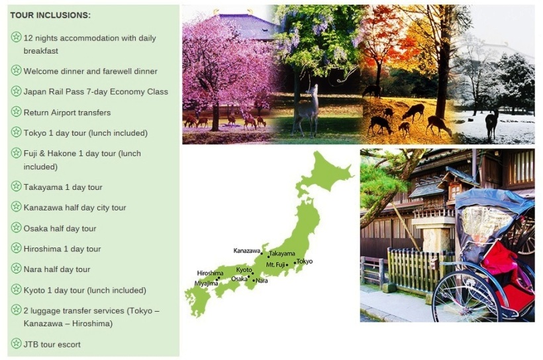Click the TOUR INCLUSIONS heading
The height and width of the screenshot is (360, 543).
50,15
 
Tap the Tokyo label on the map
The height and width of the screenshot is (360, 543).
305,261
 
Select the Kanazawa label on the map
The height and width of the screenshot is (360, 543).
246,251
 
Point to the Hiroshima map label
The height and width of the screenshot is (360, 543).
210,273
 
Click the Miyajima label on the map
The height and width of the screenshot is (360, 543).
206,283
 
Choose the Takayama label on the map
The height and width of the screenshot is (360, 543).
282,253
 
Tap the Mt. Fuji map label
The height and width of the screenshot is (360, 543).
275,265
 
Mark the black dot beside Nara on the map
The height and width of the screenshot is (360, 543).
254,281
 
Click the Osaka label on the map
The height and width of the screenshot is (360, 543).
239,279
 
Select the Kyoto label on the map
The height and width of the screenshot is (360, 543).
244,270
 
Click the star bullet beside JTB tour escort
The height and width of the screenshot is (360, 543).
16,343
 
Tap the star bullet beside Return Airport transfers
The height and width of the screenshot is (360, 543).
16,111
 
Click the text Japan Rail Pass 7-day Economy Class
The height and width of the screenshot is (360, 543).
95,92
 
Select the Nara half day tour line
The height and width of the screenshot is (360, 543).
57,269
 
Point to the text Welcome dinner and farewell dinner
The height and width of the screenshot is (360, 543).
90,71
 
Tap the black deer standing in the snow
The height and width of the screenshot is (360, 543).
492,124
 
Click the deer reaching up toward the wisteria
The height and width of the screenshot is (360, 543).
305,110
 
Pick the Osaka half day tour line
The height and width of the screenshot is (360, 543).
60,228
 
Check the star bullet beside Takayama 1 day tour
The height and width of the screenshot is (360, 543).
16,186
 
